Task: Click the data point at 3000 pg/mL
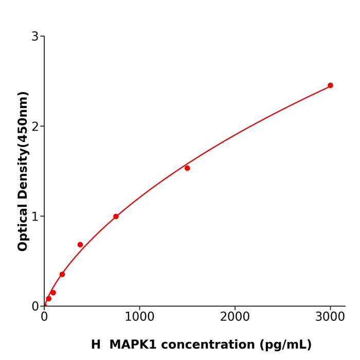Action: click(x=330, y=85)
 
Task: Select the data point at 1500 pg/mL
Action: click(x=187, y=168)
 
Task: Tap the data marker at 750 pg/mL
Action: click(x=116, y=217)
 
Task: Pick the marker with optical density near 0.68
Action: click(x=80, y=245)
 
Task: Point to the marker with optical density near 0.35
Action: click(x=62, y=274)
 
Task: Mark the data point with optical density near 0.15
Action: click(x=53, y=293)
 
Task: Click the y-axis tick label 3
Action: click(x=35, y=37)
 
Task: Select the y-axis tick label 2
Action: click(x=35, y=127)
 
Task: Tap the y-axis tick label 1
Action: click(x=35, y=217)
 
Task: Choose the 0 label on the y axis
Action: click(x=35, y=307)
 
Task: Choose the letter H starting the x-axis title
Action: click(x=96, y=345)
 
